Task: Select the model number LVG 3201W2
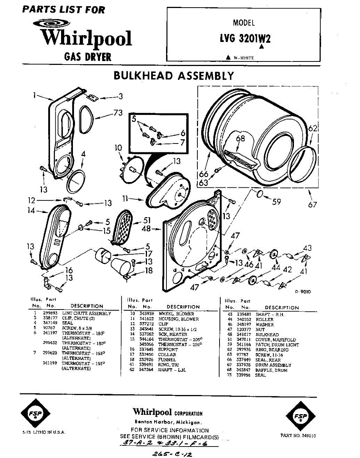(245, 39)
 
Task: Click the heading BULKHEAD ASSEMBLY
(174, 76)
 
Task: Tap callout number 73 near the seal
(118, 112)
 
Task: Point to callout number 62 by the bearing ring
(313, 129)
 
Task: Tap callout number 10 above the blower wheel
(118, 148)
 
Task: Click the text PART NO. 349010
(298, 435)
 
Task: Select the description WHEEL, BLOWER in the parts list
(179, 314)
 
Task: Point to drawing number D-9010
(303, 292)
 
